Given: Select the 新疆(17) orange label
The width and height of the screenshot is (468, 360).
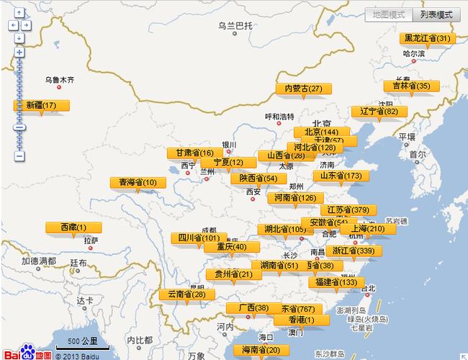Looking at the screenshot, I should coord(42,105).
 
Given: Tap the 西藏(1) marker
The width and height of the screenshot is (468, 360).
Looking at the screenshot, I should coord(73,228).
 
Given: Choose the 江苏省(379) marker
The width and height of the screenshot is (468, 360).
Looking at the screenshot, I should coord(348,210).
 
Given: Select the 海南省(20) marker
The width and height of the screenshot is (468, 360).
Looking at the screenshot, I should coord(261,350).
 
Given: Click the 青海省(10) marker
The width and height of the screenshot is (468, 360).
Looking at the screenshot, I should coord(138,182).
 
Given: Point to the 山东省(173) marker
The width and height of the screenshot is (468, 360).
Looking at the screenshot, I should coord(341,176).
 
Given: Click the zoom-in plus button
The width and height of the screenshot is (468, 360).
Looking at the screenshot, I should coord(19,52).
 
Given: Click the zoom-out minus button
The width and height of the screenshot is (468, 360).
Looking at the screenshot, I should coord(19,156).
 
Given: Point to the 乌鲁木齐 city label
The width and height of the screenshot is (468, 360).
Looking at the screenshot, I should coord(59,79).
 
